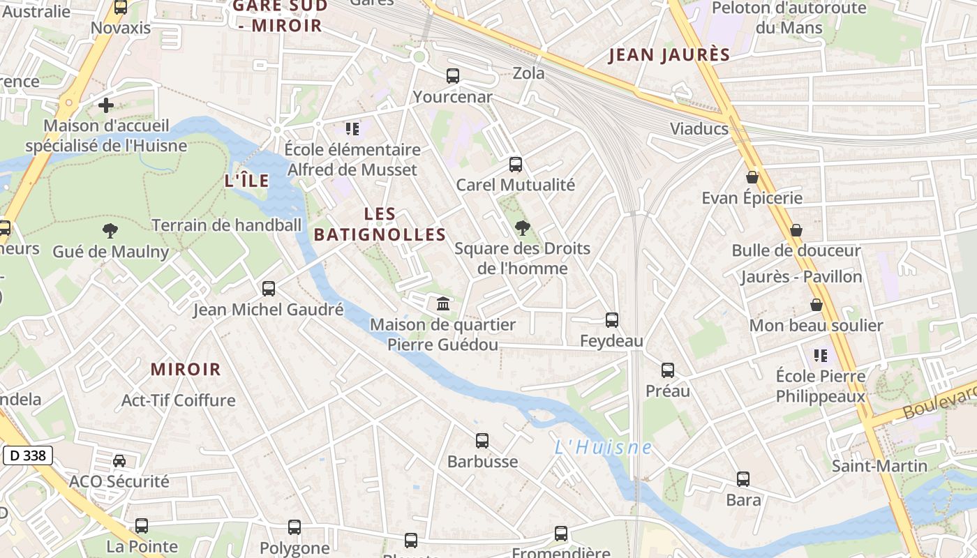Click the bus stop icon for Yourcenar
[453, 76]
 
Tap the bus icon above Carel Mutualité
[516, 165]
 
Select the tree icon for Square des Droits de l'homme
[521, 228]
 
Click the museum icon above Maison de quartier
[443, 304]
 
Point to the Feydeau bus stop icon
[612, 320]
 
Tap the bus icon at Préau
[668, 370]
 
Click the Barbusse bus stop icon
[482, 441]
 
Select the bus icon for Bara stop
[743, 479]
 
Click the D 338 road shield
[28, 456]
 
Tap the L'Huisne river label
[603, 448]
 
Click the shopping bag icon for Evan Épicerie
[752, 178]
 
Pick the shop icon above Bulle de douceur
[796, 230]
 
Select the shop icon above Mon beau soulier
[816, 305]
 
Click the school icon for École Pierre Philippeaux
[821, 356]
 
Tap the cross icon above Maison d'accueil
[106, 105]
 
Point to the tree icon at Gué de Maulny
[110, 231]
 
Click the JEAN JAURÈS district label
[669, 55]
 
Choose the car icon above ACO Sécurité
[119, 461]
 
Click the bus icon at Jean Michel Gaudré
[269, 289]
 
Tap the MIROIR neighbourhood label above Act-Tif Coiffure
[186, 370]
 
